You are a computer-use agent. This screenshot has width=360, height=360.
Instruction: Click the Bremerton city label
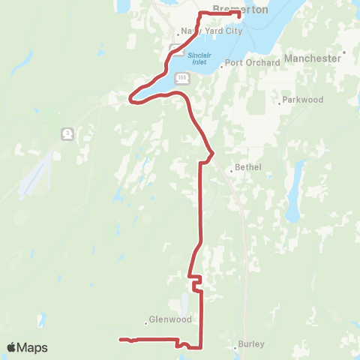(236, 9)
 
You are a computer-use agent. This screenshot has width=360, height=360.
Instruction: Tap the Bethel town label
(248, 167)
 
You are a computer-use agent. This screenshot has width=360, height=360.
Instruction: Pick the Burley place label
(250, 344)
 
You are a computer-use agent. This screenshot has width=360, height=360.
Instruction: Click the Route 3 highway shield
(67, 133)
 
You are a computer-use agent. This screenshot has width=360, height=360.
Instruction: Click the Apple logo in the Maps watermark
(12, 347)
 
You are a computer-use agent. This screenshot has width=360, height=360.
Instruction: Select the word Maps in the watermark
(32, 347)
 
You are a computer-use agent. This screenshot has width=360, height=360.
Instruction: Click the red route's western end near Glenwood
(120, 340)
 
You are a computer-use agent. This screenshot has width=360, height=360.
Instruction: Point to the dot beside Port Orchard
(222, 64)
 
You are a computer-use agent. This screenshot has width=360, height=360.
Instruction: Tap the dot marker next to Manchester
(343, 53)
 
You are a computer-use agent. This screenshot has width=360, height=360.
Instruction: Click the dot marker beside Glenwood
(145, 323)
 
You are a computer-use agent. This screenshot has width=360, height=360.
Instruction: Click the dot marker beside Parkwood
(279, 102)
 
